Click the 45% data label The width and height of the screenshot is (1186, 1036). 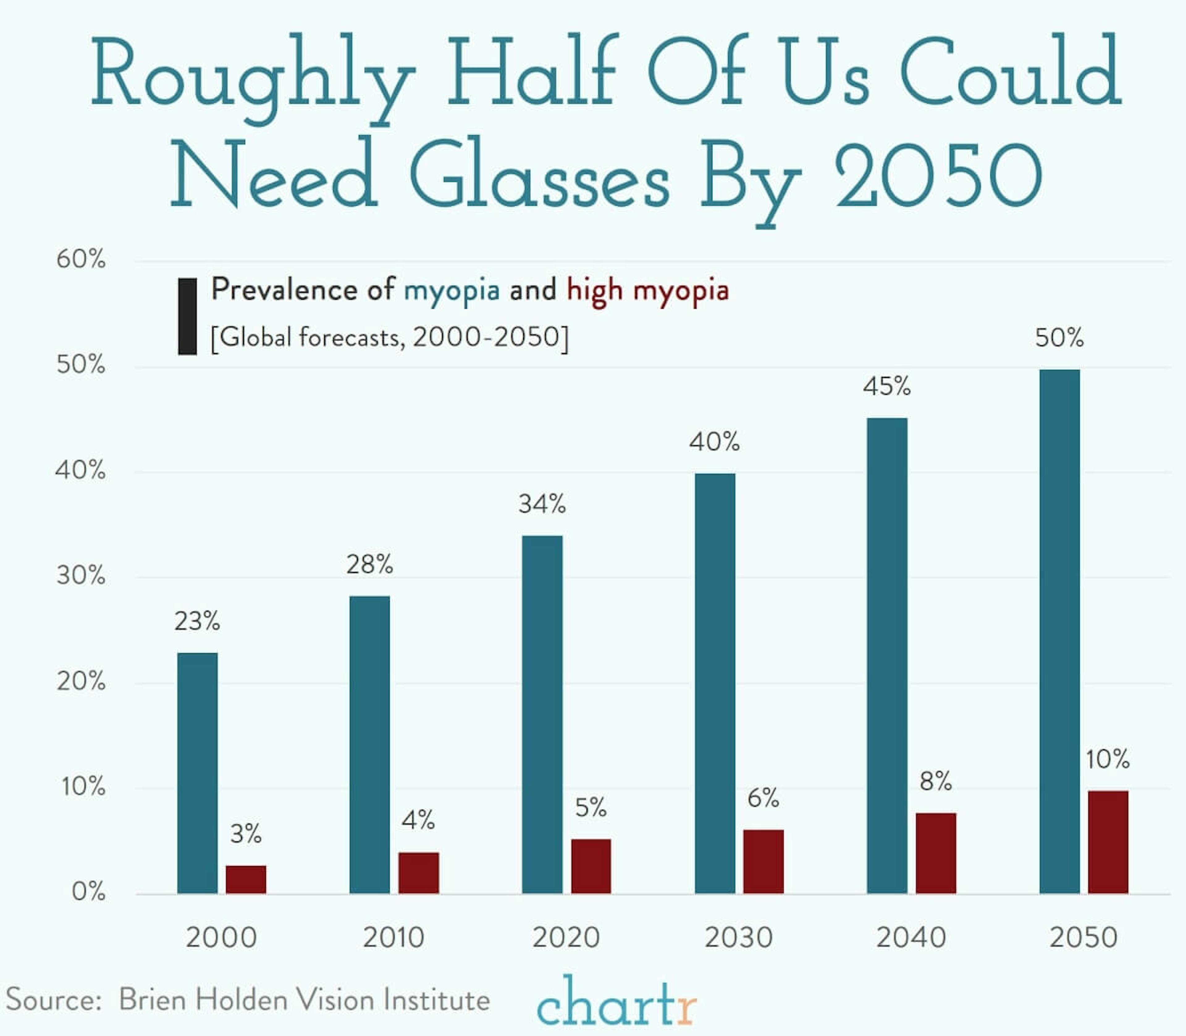coord(887,386)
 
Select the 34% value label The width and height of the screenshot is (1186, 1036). coord(541,504)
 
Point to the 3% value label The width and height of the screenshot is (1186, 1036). coord(246,834)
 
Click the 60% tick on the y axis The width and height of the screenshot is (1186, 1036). coord(81,260)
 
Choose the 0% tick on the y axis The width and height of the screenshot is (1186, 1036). coord(88,892)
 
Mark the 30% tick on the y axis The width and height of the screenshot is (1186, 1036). coord(81,576)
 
